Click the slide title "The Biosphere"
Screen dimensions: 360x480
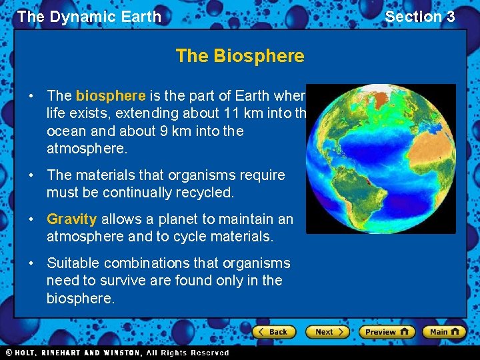240,56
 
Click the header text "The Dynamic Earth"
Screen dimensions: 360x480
89,17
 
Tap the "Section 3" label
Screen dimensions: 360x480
419,17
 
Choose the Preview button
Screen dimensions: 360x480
387,331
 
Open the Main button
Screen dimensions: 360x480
445,331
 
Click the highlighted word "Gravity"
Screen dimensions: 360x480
72,219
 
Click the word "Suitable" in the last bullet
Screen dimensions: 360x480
75,263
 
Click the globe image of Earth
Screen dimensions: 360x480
381,159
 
